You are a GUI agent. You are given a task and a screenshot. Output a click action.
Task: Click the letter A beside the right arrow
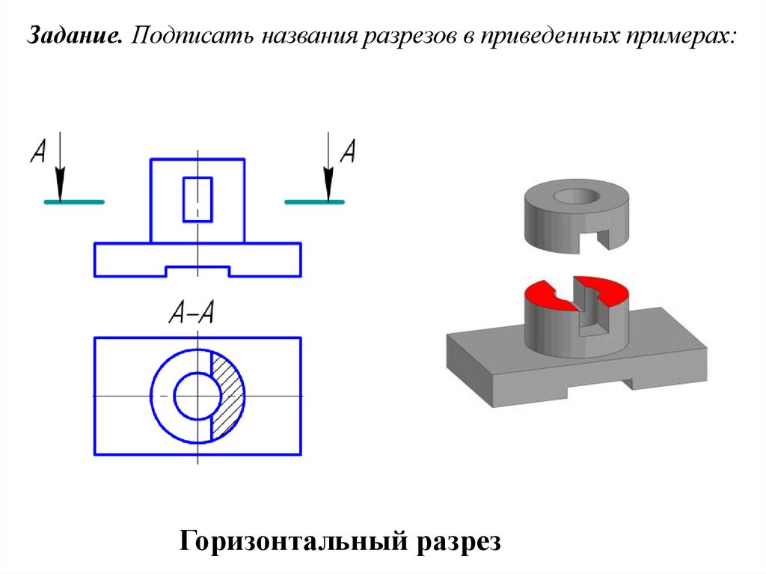347,152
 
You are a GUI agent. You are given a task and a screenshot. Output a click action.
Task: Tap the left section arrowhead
61,183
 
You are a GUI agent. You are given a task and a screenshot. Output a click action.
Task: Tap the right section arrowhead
328,183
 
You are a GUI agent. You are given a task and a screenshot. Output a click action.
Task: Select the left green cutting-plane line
74,202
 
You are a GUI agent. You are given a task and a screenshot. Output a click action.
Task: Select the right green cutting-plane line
314,202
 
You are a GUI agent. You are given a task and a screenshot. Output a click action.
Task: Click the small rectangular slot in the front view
197,198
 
